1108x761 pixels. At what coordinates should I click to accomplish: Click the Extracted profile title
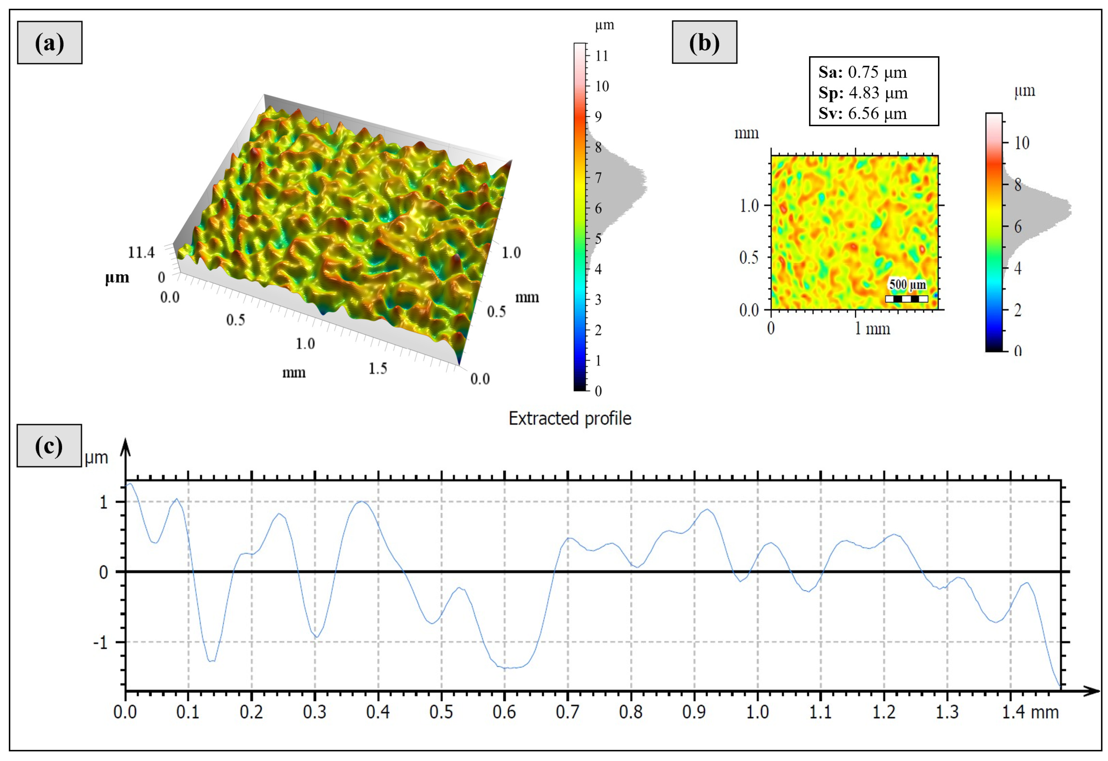click(x=570, y=418)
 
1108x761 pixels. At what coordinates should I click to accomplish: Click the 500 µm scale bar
click(x=906, y=298)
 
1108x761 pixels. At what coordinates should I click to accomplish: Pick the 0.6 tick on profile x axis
click(x=504, y=712)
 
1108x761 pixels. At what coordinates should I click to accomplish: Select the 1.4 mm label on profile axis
click(x=1030, y=712)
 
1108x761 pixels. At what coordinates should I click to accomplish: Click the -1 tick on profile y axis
click(x=100, y=643)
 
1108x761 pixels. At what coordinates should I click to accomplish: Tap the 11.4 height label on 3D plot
click(x=141, y=252)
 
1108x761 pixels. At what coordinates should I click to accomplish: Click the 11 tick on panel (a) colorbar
click(x=602, y=56)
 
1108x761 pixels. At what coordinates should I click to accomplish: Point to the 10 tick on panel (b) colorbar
click(x=1022, y=142)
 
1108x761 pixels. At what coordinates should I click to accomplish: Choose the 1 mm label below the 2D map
click(x=873, y=329)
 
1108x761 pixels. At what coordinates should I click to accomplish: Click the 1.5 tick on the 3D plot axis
click(x=378, y=368)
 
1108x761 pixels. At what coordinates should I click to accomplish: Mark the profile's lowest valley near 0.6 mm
click(x=509, y=668)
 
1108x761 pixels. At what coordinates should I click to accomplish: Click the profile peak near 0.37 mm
click(x=362, y=501)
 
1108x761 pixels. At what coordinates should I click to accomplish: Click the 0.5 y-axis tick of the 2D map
click(x=749, y=258)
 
